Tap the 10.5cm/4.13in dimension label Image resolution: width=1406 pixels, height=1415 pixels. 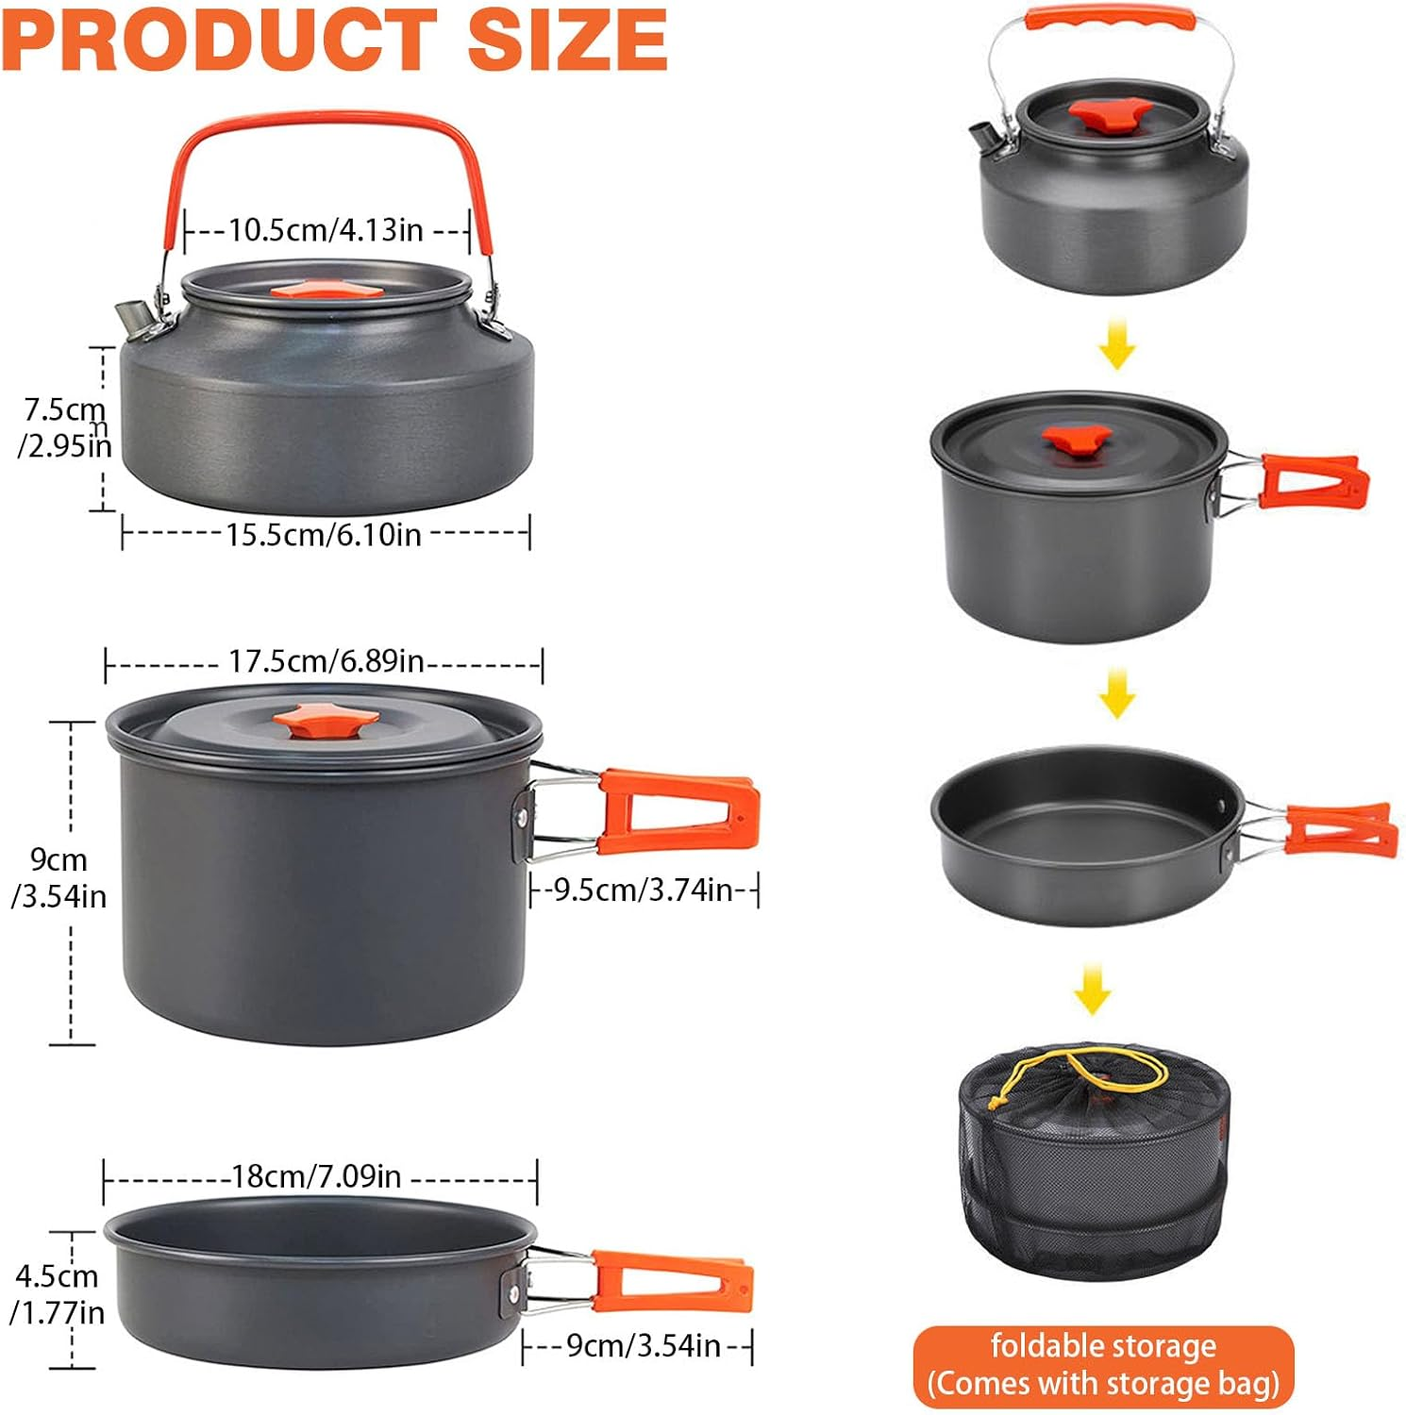click(x=326, y=230)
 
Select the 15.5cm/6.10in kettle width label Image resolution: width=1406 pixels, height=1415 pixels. click(x=323, y=535)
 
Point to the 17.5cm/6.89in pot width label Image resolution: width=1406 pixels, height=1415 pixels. click(x=326, y=661)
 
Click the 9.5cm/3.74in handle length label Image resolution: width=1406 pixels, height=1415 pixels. click(x=644, y=890)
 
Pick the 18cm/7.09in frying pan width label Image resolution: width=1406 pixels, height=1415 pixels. click(x=317, y=1176)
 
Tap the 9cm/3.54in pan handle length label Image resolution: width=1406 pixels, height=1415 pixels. click(x=643, y=1346)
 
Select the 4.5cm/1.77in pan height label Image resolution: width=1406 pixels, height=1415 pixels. click(x=57, y=1294)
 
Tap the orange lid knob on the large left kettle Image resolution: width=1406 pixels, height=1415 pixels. click(x=326, y=289)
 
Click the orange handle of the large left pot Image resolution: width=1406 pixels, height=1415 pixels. click(x=678, y=811)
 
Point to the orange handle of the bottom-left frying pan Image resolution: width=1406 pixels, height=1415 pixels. click(x=672, y=1281)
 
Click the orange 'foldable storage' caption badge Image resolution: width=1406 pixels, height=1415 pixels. click(x=1103, y=1365)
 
